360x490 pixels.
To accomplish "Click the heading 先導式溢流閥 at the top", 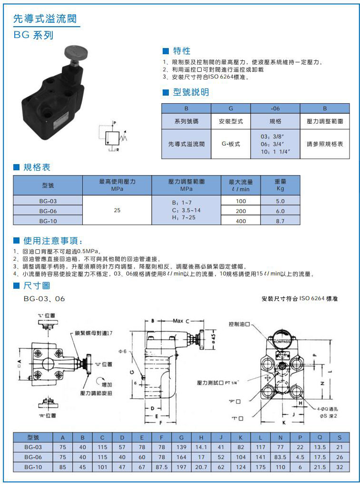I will pos(45,19).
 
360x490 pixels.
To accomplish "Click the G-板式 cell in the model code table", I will pos(231,143).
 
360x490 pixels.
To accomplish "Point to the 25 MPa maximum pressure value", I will pos(117,210).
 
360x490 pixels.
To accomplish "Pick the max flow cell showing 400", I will pos(241,221).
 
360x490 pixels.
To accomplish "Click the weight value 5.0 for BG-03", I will pos(280,201).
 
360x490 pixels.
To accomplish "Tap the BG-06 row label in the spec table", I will pos(48,211).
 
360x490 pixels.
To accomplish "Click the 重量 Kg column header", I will pos(280,185).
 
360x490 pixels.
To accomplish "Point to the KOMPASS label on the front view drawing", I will pos(283,341).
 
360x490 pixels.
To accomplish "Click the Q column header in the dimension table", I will pos(320,437).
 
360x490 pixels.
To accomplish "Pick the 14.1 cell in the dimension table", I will pos(201,447).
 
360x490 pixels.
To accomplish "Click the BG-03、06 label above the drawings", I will pos(44,299).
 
